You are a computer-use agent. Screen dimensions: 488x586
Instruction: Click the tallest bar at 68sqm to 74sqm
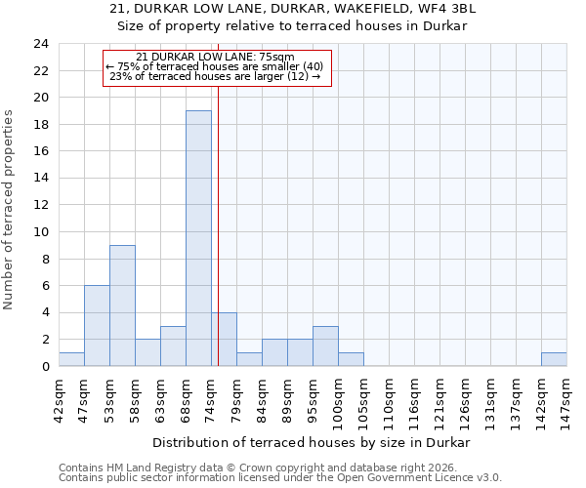coord(198,238)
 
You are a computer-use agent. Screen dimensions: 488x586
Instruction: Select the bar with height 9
coord(122,305)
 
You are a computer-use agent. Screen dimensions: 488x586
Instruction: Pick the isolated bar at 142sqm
coord(554,359)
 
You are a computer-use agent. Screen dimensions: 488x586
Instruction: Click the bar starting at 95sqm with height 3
coord(325,346)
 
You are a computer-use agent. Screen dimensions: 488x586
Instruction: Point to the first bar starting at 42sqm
coord(71,359)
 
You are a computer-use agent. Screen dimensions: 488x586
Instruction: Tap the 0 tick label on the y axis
coord(44,367)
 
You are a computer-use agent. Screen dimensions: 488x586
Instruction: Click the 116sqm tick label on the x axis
coord(415,397)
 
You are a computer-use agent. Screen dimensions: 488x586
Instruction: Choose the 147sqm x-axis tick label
coord(567,397)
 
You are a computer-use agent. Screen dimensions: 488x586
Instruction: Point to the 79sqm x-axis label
coord(237,397)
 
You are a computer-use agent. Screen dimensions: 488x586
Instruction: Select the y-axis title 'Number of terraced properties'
coord(10,209)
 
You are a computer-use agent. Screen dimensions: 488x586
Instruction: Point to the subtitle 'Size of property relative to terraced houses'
coord(293,26)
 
